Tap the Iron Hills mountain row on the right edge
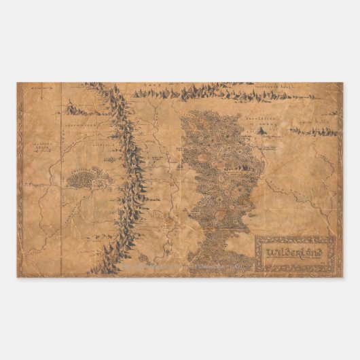pos(314,130)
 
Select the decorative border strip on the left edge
pos(20,180)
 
